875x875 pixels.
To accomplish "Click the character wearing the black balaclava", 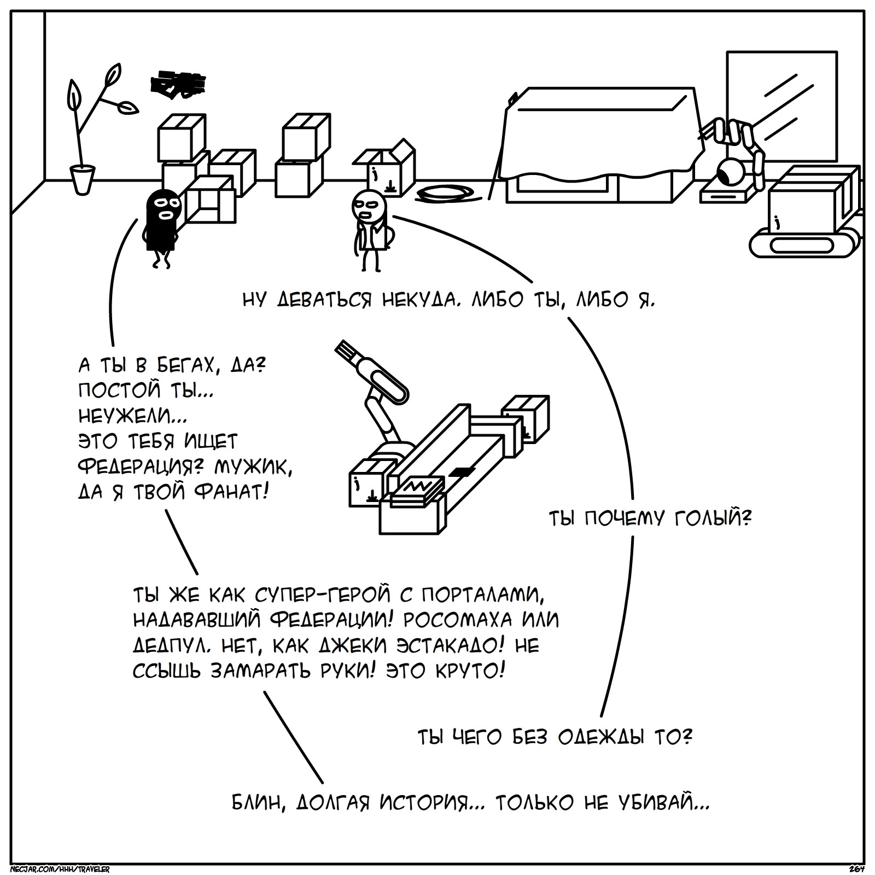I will coord(162,224).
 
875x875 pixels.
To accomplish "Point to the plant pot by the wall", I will coord(83,179).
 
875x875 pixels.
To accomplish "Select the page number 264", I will coord(856,869).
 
